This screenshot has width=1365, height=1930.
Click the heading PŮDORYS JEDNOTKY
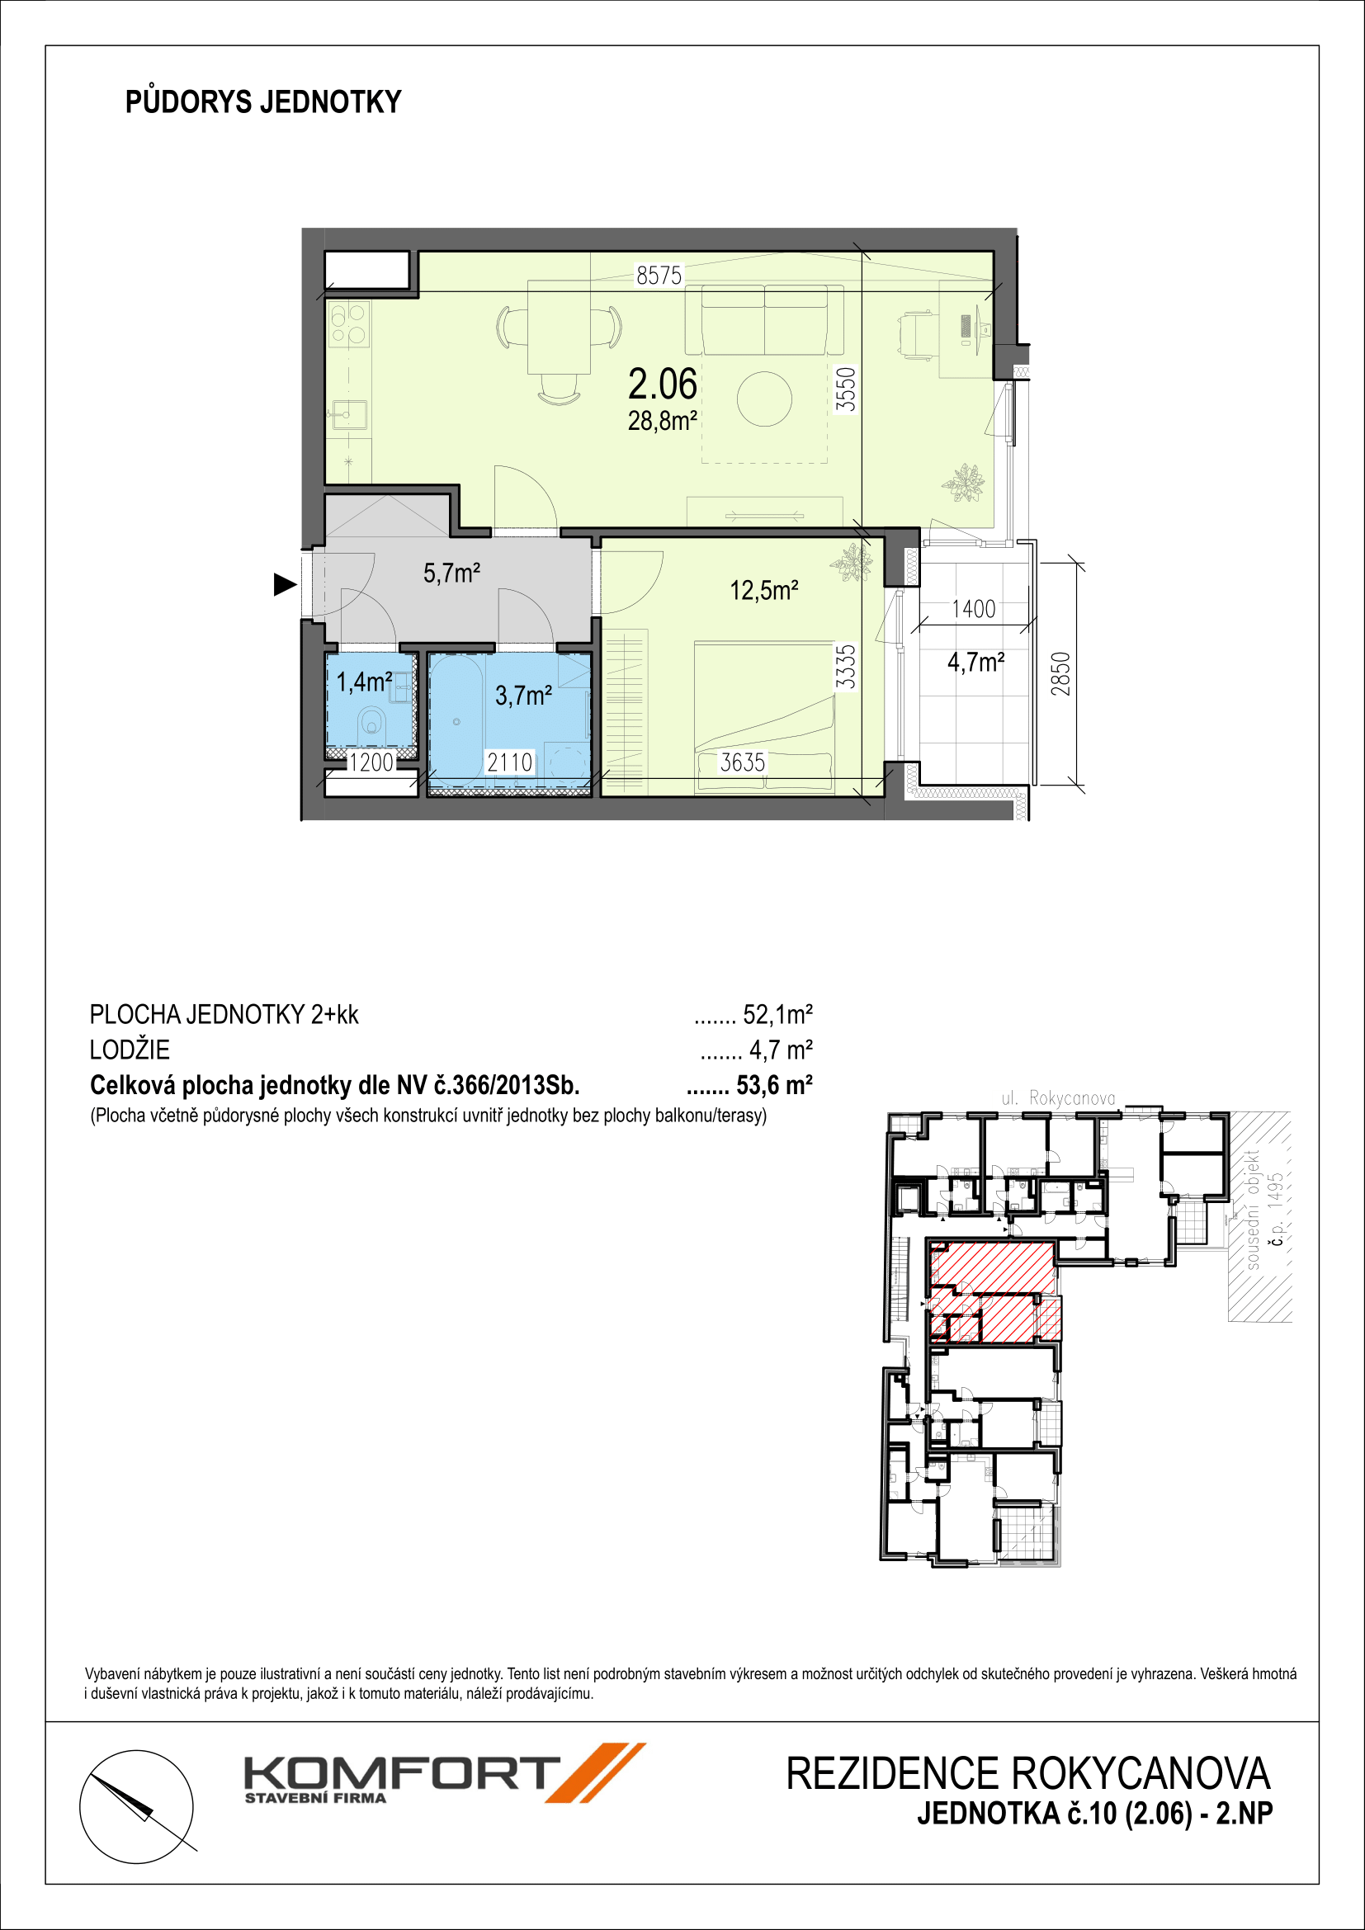(x=263, y=101)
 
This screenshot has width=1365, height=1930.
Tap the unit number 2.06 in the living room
(x=663, y=385)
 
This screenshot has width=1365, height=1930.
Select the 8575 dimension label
(x=659, y=275)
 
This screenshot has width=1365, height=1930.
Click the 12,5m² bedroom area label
(x=764, y=590)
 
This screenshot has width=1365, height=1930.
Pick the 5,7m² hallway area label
(x=451, y=573)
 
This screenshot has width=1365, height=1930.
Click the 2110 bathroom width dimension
(x=509, y=762)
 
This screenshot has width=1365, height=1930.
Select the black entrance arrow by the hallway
(x=286, y=584)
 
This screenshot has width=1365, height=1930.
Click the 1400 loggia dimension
(x=973, y=609)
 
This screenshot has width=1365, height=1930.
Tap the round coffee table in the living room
(x=764, y=400)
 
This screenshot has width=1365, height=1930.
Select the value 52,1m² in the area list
(x=777, y=1016)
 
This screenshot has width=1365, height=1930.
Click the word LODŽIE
(x=130, y=1050)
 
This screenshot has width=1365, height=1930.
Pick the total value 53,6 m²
(x=774, y=1085)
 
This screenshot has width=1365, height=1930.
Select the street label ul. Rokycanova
(x=1058, y=1097)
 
